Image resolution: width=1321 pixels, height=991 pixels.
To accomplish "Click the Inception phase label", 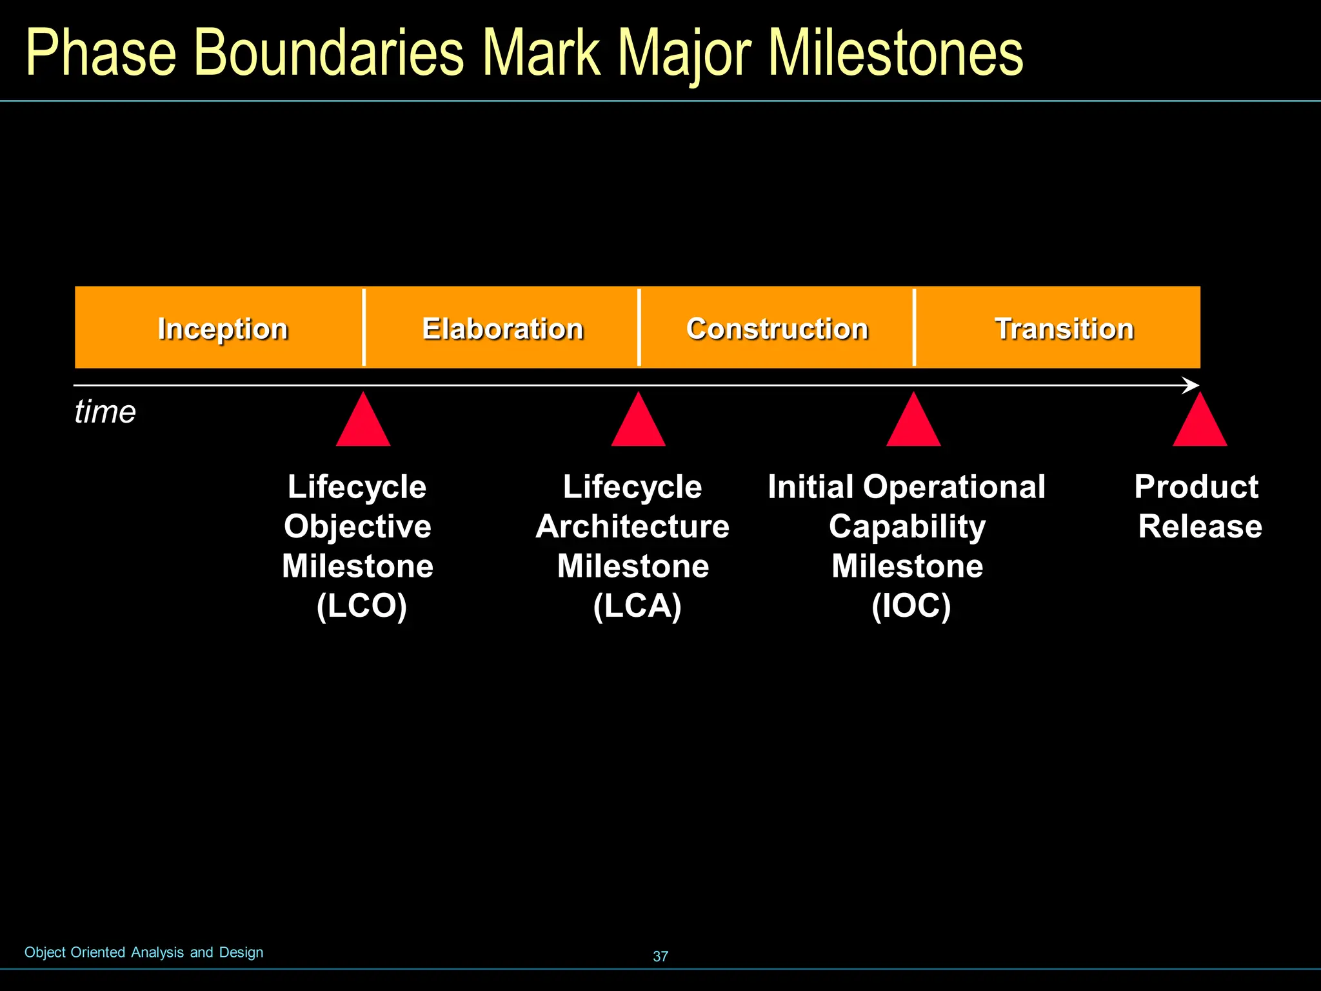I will click(x=223, y=329).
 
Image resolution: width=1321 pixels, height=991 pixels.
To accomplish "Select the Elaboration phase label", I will click(x=502, y=329).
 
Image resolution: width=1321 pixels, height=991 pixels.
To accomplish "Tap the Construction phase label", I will click(x=777, y=329).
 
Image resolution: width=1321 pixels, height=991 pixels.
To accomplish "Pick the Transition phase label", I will click(x=1064, y=329).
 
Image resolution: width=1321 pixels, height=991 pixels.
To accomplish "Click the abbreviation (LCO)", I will click(x=362, y=606).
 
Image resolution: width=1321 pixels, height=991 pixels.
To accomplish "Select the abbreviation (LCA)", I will click(x=637, y=606).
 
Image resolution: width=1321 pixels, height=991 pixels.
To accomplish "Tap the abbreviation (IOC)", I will click(x=911, y=606).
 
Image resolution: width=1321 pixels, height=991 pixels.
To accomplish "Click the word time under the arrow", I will click(x=105, y=412).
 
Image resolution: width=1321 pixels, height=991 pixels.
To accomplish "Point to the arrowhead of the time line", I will click(x=1191, y=385).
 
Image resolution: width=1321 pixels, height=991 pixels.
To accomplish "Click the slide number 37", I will click(x=660, y=956).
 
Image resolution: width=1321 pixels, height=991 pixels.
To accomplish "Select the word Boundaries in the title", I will click(x=328, y=53).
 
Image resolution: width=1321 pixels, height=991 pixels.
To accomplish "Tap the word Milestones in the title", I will click(x=896, y=53).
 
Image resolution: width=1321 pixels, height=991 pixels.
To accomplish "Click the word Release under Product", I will click(x=1200, y=526).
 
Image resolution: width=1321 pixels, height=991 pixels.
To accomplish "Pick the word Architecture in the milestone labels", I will click(x=632, y=526).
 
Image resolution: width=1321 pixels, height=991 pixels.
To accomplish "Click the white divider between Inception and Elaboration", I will click(x=364, y=327).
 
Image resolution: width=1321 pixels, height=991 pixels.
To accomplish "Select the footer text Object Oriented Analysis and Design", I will click(x=144, y=952).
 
